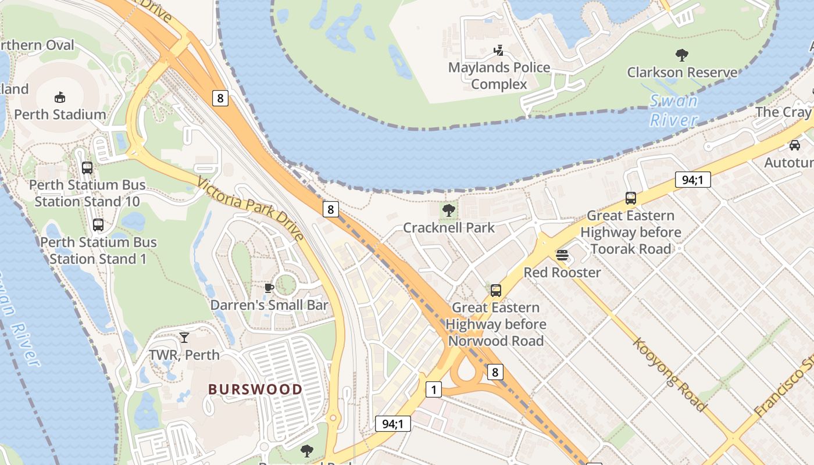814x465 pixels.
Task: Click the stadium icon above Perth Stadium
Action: pos(60,97)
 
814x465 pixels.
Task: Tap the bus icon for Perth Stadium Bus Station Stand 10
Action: pos(87,168)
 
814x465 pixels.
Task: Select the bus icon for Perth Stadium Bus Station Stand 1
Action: pos(98,225)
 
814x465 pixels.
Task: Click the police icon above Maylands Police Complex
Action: pos(498,51)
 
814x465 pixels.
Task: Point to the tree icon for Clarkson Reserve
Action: pos(682,55)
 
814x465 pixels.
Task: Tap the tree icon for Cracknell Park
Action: pos(448,210)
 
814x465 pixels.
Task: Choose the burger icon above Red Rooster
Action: pos(562,255)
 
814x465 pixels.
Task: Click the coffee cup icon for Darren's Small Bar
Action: pos(269,288)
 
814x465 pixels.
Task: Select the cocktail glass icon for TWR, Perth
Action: pos(184,338)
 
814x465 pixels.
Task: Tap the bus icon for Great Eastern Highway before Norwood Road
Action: pos(496,290)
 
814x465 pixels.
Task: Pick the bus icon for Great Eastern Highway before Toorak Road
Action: pos(631,198)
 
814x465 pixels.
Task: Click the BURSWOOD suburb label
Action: pos(255,389)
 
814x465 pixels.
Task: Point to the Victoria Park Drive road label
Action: pos(251,209)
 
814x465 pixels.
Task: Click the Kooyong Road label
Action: pos(670,374)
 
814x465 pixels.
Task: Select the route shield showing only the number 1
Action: pos(433,389)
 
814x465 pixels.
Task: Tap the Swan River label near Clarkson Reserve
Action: pos(673,110)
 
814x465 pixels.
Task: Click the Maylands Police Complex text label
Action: pos(499,76)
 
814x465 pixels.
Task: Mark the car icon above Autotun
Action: pos(795,145)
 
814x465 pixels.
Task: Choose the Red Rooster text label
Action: pos(562,272)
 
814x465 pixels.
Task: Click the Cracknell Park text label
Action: pos(449,227)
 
